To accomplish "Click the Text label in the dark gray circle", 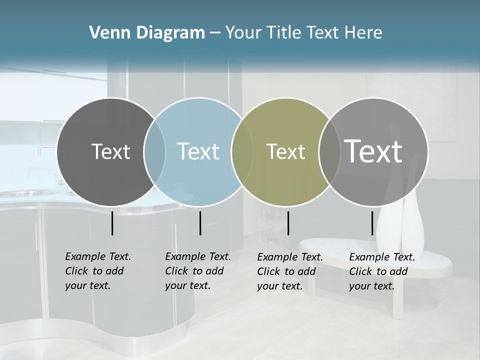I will click(110, 151).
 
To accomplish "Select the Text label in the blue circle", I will click(198, 151).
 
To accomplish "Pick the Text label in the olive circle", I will click(285, 151).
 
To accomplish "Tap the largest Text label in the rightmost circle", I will click(373, 151).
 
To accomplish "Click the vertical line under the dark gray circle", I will click(112, 223).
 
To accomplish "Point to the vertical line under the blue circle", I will click(200, 223).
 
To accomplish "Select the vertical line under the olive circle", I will click(288, 223).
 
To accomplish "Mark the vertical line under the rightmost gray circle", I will click(372, 223).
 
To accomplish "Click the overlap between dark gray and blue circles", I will click(154, 152).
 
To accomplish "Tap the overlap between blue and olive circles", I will click(242, 152).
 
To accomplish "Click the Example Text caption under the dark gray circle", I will click(97, 271).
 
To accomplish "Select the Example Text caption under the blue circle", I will click(197, 271).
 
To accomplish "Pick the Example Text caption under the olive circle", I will click(289, 271).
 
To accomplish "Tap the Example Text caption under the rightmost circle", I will click(381, 271).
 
